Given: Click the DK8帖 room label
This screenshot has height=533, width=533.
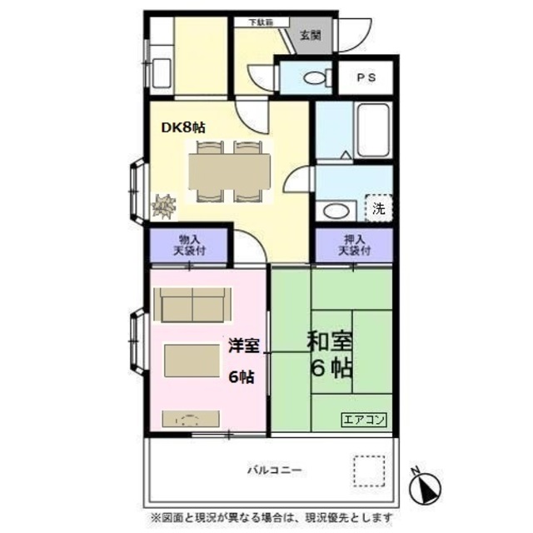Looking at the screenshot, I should [182, 127].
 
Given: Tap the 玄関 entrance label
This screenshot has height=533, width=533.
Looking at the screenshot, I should [310, 35].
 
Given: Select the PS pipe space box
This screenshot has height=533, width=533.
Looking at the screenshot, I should [366, 77].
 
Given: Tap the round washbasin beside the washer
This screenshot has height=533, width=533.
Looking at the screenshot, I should [337, 210].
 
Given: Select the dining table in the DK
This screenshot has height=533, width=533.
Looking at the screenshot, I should [230, 172].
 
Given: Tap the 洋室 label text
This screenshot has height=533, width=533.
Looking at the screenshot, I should [242, 343].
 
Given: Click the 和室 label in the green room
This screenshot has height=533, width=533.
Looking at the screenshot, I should [331, 342].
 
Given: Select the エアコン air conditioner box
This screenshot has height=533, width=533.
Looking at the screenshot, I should [364, 420].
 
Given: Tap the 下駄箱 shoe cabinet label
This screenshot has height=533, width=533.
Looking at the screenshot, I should [267, 22].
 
